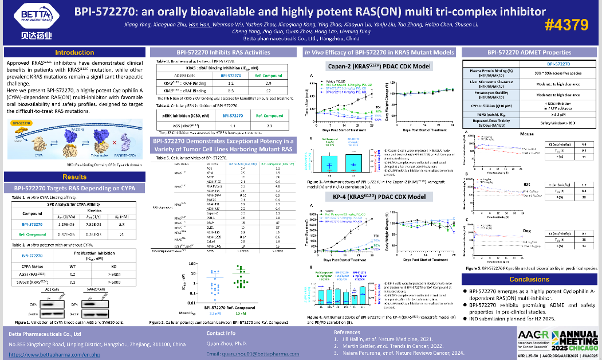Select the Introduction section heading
pos(74,52)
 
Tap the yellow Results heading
pos(74,177)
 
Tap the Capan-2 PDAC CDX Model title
pos(379,66)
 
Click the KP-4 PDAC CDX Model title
pos(379,197)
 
